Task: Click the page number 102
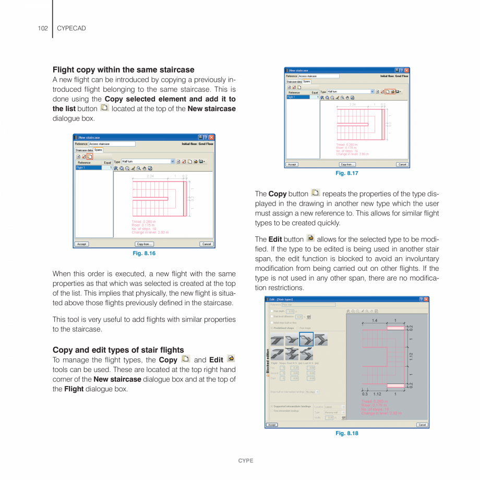click(x=42, y=28)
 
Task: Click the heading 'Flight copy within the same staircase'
click(x=123, y=69)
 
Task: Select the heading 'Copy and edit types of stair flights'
click(x=118, y=350)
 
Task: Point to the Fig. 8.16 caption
click(x=144, y=254)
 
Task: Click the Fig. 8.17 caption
click(x=346, y=173)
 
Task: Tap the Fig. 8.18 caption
click(x=346, y=433)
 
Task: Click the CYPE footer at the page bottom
click(x=246, y=461)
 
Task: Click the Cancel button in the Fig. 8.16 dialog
click(x=207, y=244)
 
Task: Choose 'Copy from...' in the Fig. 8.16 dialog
click(x=145, y=244)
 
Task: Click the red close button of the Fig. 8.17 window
click(x=406, y=70)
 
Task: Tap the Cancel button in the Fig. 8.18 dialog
click(x=422, y=425)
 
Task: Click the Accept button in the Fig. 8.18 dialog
click(x=272, y=425)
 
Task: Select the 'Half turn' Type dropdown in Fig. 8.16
click(x=148, y=162)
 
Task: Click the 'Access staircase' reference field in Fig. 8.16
click(x=112, y=144)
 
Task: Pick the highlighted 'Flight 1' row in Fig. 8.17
click(x=302, y=97)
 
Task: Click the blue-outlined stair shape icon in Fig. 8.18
click(x=306, y=339)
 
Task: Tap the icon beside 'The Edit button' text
click(x=310, y=238)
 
